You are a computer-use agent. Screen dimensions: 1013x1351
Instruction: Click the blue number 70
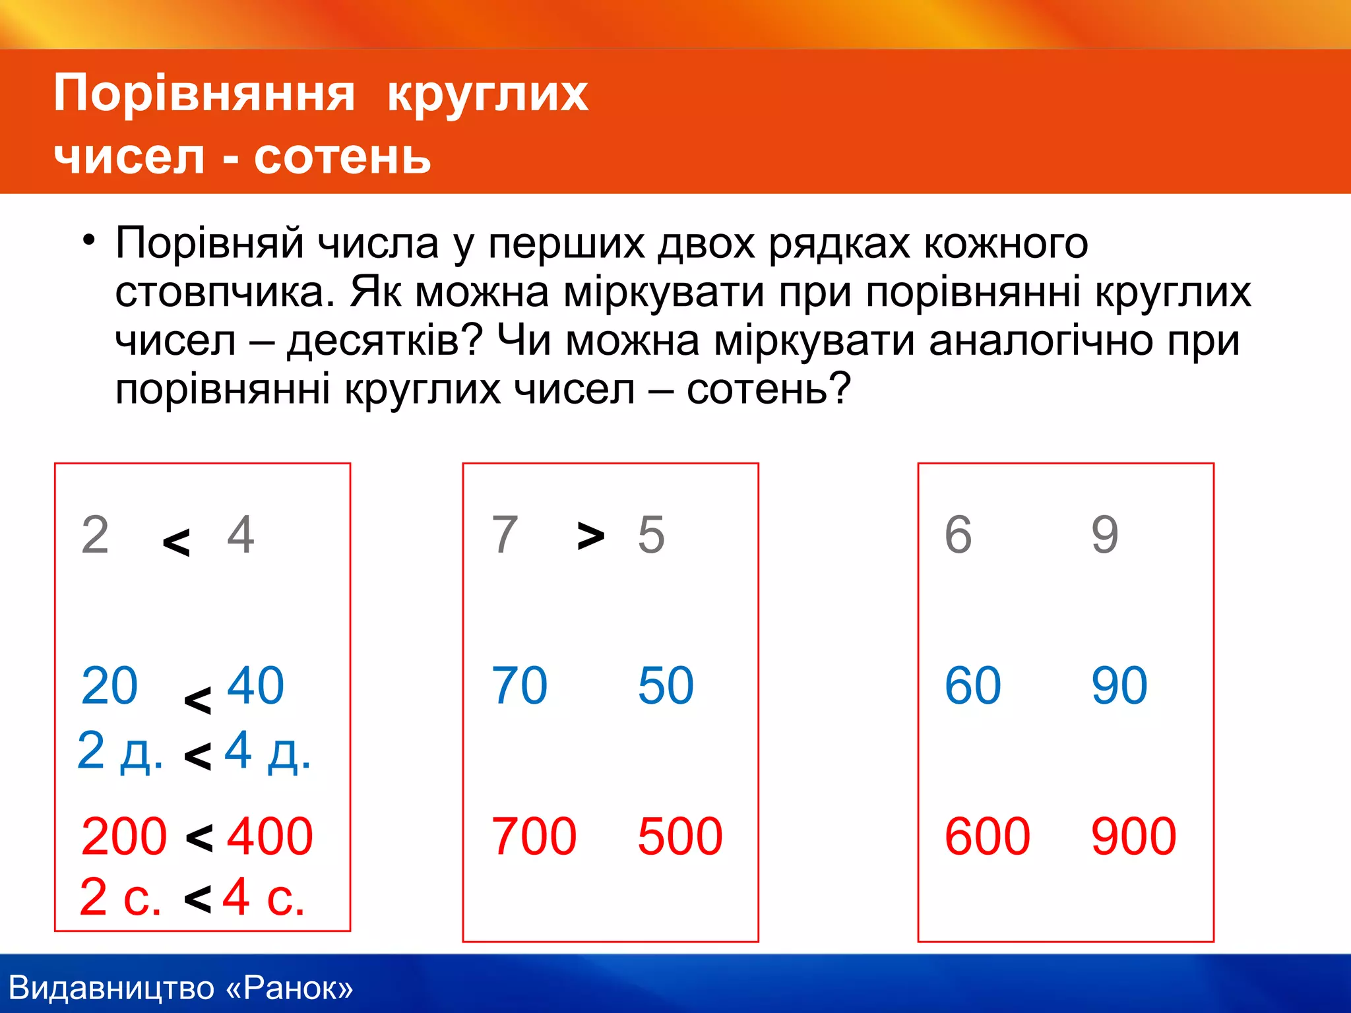click(519, 686)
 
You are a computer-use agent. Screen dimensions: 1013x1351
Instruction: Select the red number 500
click(679, 836)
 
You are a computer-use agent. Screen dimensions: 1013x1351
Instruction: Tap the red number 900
click(1133, 836)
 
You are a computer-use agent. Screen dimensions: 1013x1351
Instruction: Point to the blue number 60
click(972, 686)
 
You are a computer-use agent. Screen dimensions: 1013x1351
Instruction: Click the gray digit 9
click(1104, 534)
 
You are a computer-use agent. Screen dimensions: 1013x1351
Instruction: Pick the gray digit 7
click(505, 534)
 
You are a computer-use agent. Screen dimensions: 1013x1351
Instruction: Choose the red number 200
click(123, 836)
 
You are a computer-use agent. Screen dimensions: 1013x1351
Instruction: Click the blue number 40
click(255, 686)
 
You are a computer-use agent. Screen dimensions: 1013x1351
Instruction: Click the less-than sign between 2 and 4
click(176, 543)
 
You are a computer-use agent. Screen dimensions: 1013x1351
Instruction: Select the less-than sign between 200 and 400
click(199, 838)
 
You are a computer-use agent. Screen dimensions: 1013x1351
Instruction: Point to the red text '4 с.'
click(263, 897)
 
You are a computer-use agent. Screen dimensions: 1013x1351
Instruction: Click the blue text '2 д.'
click(120, 751)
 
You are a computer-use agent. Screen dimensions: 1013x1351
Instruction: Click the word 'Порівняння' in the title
click(204, 94)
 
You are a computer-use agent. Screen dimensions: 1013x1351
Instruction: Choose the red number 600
click(987, 836)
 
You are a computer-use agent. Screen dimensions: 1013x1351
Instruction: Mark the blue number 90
click(1119, 686)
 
